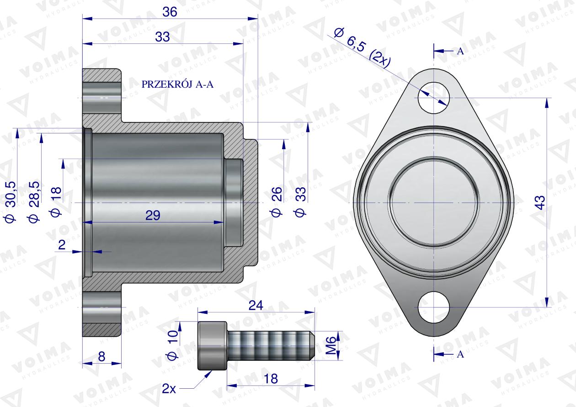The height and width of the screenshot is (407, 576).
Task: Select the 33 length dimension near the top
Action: tap(162, 37)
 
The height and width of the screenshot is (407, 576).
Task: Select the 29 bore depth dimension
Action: tap(153, 216)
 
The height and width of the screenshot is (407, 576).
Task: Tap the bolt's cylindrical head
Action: tap(213, 345)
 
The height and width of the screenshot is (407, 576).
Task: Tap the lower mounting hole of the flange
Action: tap(434, 307)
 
